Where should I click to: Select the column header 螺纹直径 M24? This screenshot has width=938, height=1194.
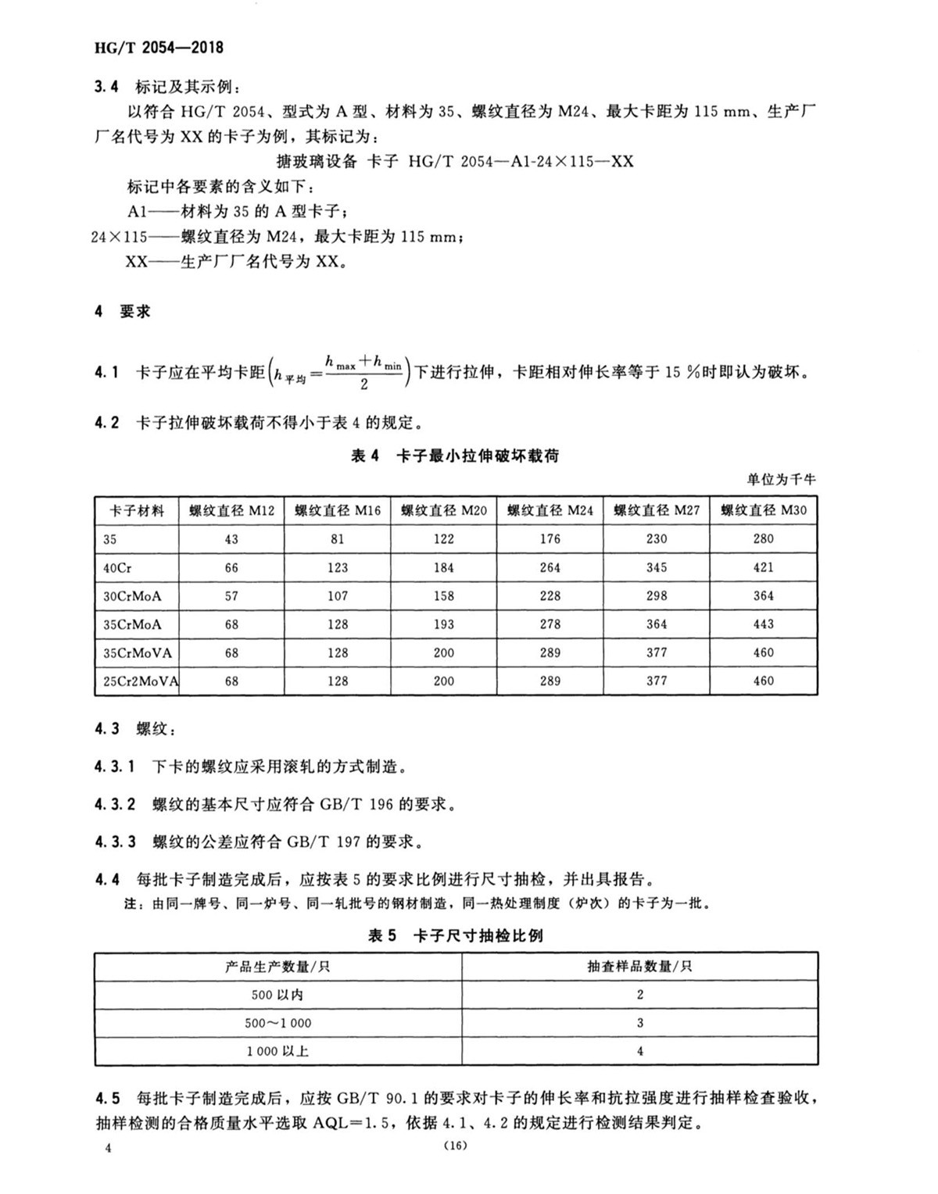550,510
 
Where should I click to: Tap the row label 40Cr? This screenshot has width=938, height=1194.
117,567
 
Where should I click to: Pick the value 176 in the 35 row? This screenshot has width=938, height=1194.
550,538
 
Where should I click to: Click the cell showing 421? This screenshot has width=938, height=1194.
763,567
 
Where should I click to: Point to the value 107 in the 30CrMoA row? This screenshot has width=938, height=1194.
338,595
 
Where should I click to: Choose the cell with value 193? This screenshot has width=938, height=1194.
444,624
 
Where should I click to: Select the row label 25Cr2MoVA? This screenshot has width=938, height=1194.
141,681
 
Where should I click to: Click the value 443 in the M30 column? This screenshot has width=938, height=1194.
763,624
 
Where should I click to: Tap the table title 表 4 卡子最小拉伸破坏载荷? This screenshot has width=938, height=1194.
455,456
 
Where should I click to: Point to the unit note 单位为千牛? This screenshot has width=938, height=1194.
781,479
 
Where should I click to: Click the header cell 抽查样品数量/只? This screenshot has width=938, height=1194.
639,967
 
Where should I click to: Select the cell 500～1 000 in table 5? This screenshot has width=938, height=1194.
277,1023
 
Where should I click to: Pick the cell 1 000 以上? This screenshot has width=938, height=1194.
277,1051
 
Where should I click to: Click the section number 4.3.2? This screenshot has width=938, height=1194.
115,804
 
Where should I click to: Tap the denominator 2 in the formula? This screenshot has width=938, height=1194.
364,384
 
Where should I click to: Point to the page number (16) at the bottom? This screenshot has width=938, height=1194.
454,1146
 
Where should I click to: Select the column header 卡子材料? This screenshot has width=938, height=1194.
137,510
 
